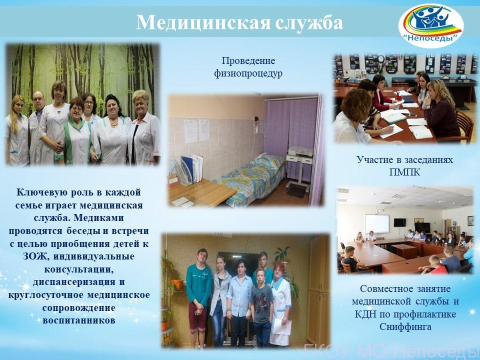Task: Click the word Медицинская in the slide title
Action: coord(203,22)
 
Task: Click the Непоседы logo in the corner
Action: coord(431,25)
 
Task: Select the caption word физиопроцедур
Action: coord(248,74)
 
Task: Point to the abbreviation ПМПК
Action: coord(404,172)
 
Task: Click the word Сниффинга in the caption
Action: coord(405,327)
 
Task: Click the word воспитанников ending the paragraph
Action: coord(79,320)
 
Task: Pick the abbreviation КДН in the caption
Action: coord(365,314)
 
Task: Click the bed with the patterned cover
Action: coord(251,177)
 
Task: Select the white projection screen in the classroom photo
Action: coord(377,224)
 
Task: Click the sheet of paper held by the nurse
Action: coord(281,326)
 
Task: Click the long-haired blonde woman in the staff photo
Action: coord(16,131)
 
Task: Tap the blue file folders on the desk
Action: coord(188,170)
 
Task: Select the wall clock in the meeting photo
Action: coord(380,59)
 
